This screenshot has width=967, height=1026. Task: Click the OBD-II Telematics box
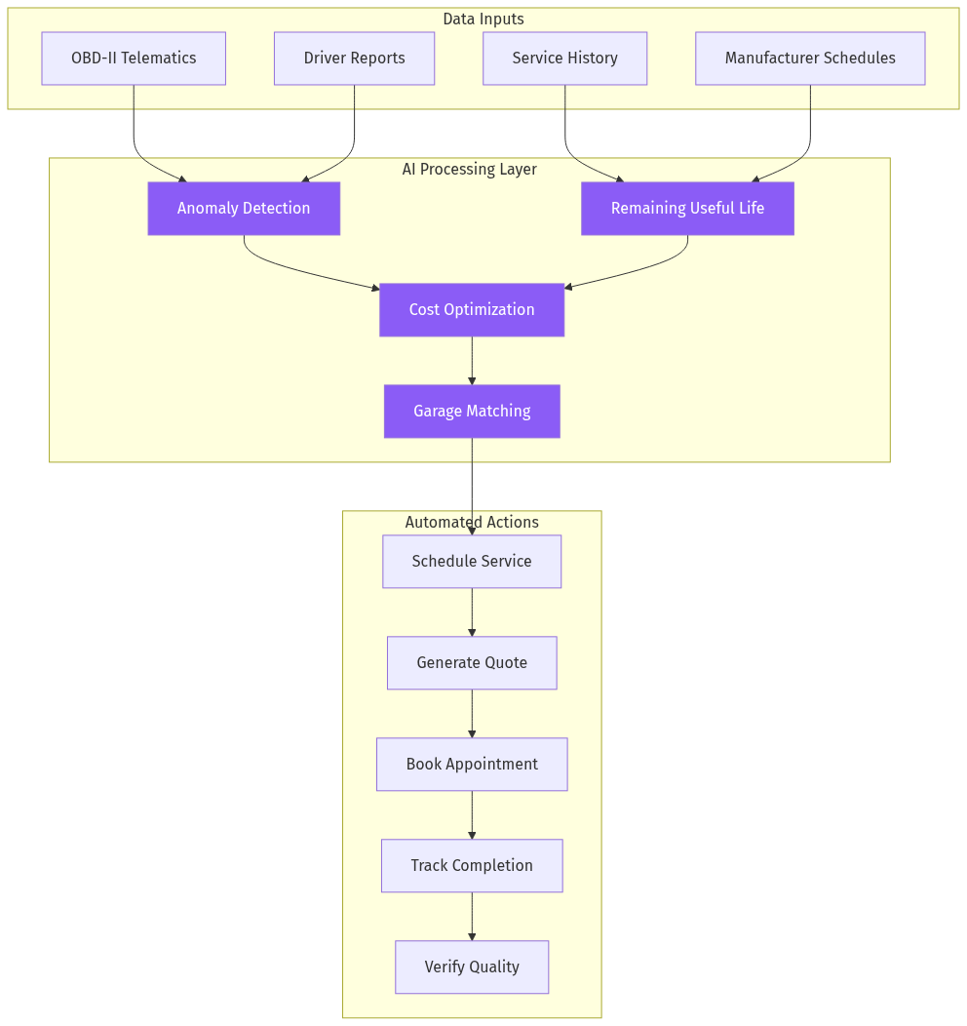(134, 59)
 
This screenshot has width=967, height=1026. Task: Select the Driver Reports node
(354, 59)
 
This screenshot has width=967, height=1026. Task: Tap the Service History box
(564, 59)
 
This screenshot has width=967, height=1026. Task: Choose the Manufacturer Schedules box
(810, 59)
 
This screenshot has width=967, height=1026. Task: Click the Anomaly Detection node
(244, 209)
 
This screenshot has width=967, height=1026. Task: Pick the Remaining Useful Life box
(687, 209)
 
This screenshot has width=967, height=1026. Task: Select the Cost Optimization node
(472, 310)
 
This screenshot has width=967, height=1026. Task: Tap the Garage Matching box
(472, 412)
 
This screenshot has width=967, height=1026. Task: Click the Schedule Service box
(472, 562)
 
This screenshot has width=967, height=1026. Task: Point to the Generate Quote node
(472, 663)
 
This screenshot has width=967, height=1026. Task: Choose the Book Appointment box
(472, 765)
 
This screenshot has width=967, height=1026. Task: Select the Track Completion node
(472, 866)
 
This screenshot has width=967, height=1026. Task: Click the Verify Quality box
(472, 967)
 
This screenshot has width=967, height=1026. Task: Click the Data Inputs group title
(483, 20)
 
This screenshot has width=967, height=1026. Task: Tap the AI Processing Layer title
(470, 170)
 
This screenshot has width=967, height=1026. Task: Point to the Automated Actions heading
(472, 523)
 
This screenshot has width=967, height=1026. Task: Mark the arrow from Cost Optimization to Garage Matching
(472, 361)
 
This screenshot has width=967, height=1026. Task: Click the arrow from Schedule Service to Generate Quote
(472, 612)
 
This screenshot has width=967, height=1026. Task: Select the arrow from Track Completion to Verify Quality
(472, 917)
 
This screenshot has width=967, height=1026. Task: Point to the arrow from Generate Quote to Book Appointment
(472, 714)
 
